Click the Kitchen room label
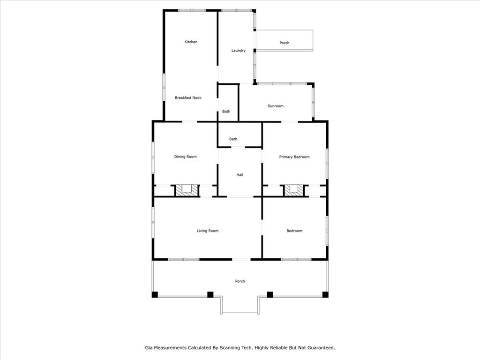point(191,42)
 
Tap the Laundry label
point(238,51)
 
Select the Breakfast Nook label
point(188,97)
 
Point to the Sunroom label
point(275,106)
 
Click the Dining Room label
point(185,157)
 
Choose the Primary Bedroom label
point(294,157)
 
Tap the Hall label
point(240,175)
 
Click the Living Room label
point(208,231)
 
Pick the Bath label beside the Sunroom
point(226,112)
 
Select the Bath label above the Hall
point(233,139)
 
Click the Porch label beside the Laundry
point(285,43)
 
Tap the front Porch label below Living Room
point(240,281)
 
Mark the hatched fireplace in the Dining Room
point(187,190)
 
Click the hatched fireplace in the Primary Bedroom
point(294,190)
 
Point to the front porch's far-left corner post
point(155,294)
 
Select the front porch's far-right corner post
point(325,294)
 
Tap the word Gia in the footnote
point(149,348)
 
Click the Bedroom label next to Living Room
point(294,231)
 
